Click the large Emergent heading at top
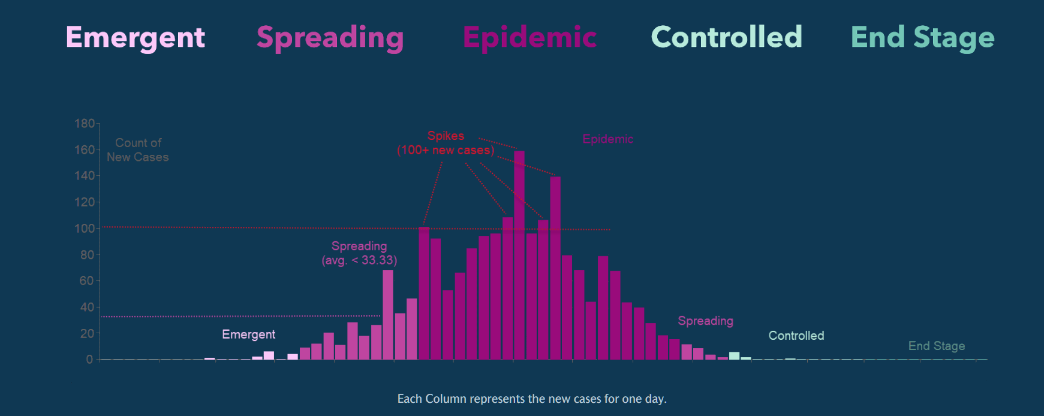[136, 38]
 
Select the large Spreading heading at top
[330, 38]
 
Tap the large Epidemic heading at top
[529, 38]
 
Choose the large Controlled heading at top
[726, 37]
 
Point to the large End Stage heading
[922, 38]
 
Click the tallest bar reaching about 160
[519, 255]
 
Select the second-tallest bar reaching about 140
[555, 268]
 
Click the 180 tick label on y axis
[85, 124]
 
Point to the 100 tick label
[85, 229]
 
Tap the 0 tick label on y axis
[89, 360]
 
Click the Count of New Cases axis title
[138, 150]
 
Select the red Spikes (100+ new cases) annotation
[446, 143]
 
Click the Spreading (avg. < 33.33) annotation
[359, 253]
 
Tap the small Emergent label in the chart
[248, 334]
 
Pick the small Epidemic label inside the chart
[607, 139]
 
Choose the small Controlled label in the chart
[796, 336]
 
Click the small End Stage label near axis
[936, 346]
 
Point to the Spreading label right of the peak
[705, 321]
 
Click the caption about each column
[532, 399]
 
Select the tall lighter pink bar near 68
[388, 315]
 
